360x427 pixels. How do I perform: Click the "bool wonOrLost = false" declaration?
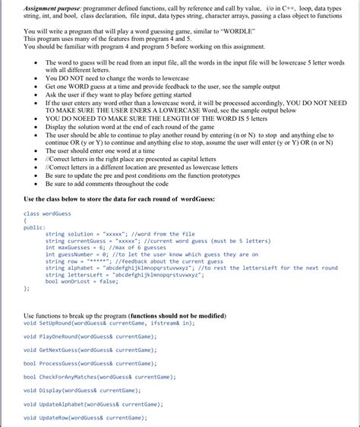[82, 281]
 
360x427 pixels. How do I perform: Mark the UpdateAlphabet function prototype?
[94, 404]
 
